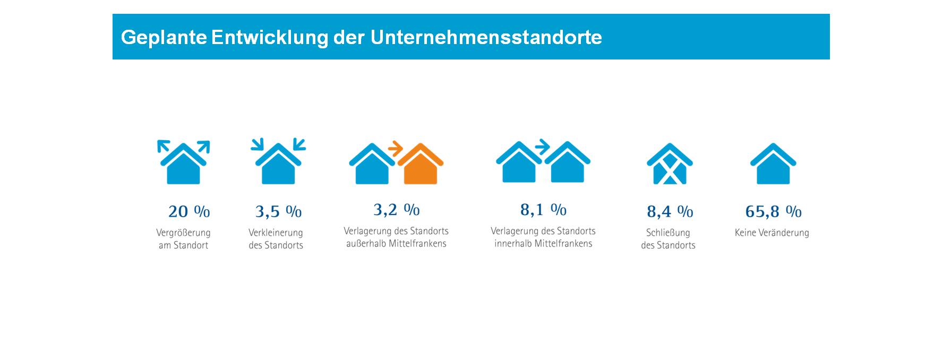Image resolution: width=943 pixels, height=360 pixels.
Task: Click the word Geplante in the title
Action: [164, 38]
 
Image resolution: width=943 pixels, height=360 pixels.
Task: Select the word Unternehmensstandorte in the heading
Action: [486, 38]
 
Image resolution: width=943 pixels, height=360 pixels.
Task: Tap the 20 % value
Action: [189, 211]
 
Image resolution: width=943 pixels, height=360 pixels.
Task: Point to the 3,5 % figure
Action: [278, 211]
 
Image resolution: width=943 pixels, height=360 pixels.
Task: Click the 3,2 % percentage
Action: [396, 210]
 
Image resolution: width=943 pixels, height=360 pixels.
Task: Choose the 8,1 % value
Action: [543, 210]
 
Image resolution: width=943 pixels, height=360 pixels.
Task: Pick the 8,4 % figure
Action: [670, 211]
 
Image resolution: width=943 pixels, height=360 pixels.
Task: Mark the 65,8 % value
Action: [773, 211]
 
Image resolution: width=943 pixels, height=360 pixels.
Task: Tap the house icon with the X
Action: [670, 165]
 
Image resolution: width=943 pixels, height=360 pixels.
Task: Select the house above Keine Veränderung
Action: [773, 165]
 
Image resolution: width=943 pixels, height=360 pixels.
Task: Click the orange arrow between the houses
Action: [395, 148]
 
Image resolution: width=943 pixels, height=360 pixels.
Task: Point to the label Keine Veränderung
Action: [771, 233]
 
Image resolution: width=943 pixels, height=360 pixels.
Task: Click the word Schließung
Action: [668, 233]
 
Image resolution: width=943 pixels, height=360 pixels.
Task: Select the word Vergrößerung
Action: [183, 233]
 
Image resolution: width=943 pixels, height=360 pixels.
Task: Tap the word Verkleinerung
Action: [276, 233]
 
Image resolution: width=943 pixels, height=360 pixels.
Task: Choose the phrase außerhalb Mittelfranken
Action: [396, 244]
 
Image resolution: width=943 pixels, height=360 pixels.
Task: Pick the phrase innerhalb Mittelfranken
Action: [543, 244]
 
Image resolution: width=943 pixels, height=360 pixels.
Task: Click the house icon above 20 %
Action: [184, 165]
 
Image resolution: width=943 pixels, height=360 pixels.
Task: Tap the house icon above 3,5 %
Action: [278, 165]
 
